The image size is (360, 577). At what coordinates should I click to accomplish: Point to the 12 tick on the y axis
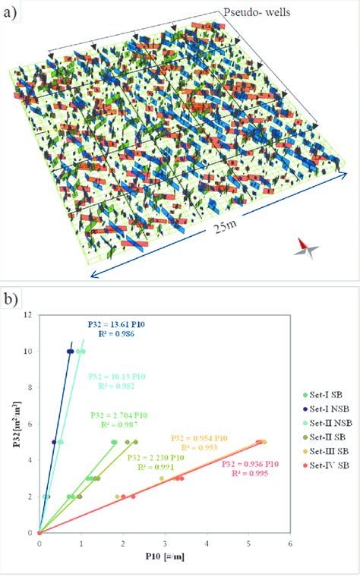(30, 314)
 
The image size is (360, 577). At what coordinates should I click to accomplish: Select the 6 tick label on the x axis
(290, 543)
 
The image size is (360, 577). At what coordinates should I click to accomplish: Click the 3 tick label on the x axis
(165, 543)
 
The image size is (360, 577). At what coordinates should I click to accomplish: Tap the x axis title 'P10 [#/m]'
(164, 557)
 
